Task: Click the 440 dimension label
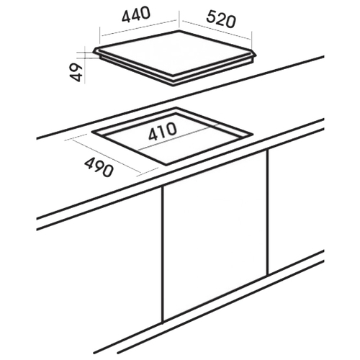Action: pos(136,14)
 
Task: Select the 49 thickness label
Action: pos(77,72)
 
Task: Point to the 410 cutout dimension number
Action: pos(163,132)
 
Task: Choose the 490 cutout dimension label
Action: pos(99,168)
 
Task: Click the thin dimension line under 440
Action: pos(140,28)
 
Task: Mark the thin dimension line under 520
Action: pos(217,30)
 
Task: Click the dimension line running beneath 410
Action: pos(179,137)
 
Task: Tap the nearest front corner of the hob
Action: pos(174,86)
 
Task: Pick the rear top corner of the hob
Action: pos(179,31)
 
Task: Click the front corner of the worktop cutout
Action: pos(166,166)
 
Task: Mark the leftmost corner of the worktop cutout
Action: pos(91,132)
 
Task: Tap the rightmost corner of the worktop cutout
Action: pos(253,134)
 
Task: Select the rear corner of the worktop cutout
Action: pos(176,107)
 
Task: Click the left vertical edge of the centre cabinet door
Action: pos(163,255)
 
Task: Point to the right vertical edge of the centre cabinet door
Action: pos(267,212)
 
